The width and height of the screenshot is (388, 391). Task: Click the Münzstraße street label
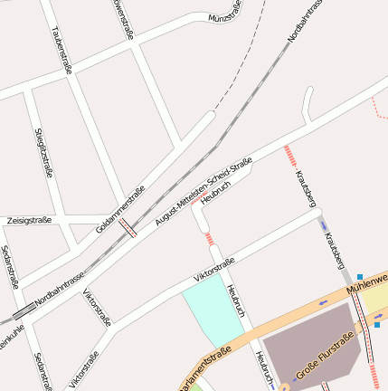click(x=225, y=16)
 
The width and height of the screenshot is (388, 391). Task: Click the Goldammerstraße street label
click(x=121, y=208)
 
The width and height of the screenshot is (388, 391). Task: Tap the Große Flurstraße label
click(x=325, y=357)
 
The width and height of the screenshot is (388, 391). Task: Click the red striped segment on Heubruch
click(x=210, y=239)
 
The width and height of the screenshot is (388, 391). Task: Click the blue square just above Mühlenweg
click(x=359, y=277)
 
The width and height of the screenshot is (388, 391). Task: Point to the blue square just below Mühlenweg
click(x=376, y=323)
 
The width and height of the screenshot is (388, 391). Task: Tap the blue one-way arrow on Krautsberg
click(x=324, y=226)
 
